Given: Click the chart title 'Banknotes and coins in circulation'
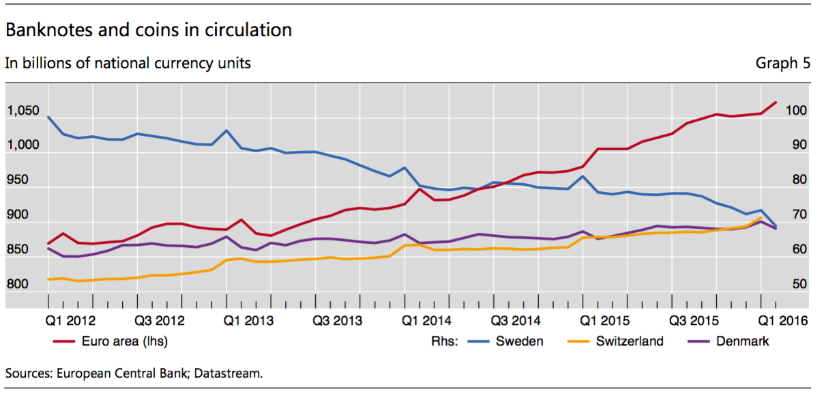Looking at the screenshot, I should [149, 31].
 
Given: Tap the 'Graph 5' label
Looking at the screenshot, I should [782, 64].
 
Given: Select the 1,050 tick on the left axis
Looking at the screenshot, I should [23, 111].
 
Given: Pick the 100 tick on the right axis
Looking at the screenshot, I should [796, 111].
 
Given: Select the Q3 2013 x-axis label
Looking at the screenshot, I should [337, 320].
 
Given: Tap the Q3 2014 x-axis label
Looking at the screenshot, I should [516, 320].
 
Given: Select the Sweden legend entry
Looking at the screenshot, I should [519, 341].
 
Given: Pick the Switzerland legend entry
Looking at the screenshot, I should [629, 341].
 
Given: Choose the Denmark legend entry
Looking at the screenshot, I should [742, 341].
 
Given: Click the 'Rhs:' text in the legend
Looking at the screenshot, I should [445, 341].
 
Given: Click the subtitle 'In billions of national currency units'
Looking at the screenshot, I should [128, 64].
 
